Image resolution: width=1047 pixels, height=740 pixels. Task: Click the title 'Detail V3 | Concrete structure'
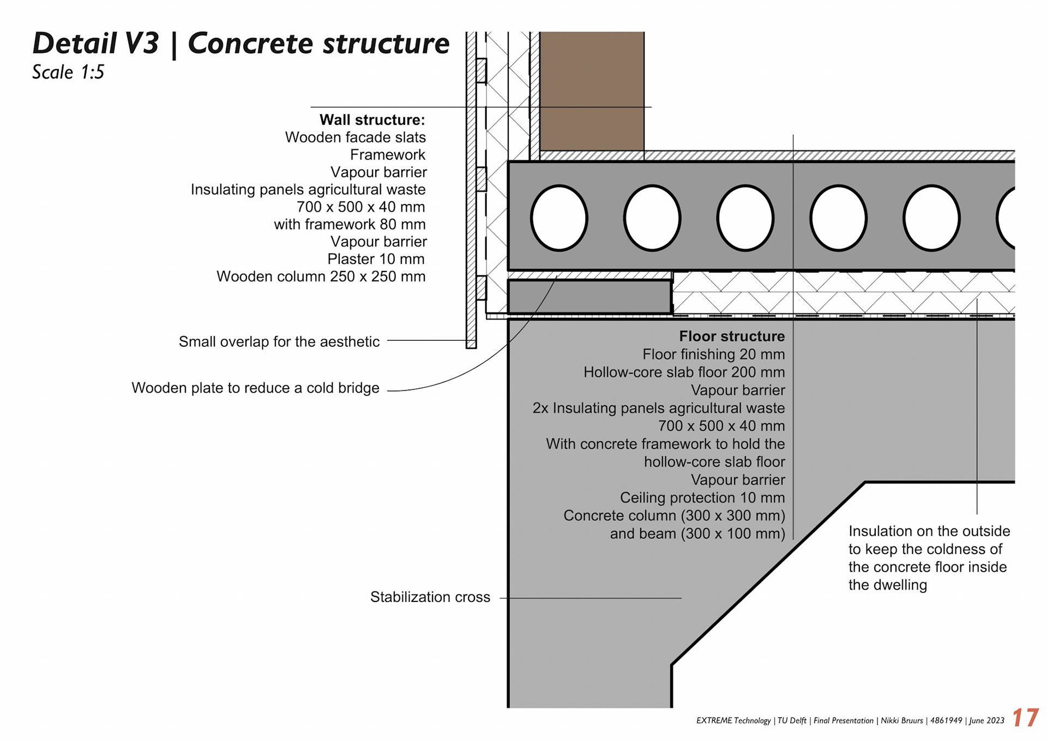[240, 44]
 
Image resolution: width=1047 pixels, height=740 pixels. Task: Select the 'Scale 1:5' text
[68, 73]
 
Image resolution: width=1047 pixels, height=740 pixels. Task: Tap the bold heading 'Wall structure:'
[372, 120]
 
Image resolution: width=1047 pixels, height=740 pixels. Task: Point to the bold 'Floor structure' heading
[732, 336]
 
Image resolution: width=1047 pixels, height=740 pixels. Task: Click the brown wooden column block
[592, 90]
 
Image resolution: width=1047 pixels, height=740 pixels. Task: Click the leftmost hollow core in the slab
[559, 218]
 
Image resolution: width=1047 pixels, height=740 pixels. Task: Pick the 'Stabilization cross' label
[430, 597]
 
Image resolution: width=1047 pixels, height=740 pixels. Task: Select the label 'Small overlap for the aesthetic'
[279, 342]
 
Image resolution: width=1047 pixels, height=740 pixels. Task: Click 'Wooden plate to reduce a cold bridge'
[255, 388]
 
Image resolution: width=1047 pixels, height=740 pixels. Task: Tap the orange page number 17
[1025, 718]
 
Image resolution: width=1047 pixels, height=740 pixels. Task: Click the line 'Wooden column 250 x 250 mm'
[321, 276]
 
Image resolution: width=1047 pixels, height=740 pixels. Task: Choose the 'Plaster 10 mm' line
[376, 259]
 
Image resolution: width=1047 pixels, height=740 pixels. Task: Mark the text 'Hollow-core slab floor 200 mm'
[684, 372]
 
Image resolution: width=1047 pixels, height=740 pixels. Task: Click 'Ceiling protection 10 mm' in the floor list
[702, 498]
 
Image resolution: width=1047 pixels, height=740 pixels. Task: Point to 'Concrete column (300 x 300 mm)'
[674, 516]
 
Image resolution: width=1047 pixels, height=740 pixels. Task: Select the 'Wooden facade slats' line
[355, 137]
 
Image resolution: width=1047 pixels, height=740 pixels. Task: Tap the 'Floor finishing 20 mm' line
[713, 354]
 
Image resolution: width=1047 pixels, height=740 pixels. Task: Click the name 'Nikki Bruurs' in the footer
[902, 721]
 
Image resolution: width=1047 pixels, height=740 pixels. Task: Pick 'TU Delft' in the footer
[792, 721]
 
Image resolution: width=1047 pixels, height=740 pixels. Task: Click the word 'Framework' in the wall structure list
[387, 155]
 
